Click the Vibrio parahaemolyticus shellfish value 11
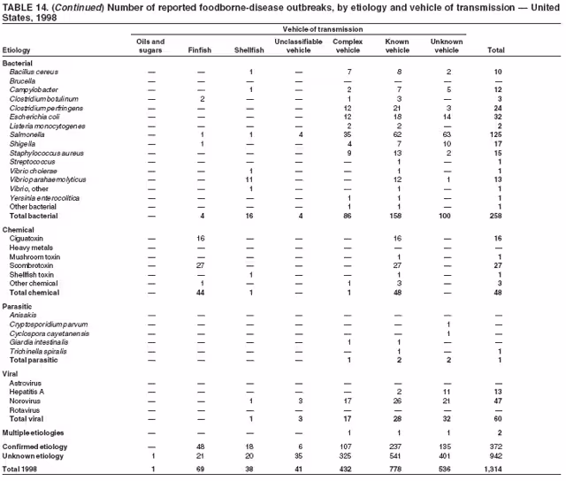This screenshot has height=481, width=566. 251,179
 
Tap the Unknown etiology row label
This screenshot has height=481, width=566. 36,455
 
